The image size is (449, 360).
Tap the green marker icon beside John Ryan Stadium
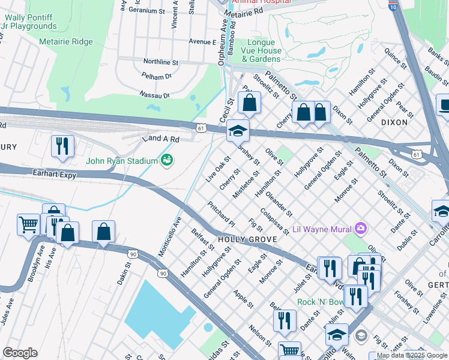click(x=166, y=160)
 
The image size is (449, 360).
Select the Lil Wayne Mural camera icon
click(x=360, y=228)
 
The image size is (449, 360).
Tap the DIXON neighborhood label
click(x=394, y=122)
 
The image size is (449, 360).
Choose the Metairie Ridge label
click(x=66, y=41)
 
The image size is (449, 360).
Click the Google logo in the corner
click(x=19, y=353)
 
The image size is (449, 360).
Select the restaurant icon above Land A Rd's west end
click(x=62, y=145)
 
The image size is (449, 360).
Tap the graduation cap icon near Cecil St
click(x=238, y=130)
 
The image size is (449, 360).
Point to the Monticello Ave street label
click(x=169, y=237)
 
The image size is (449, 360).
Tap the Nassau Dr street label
click(x=155, y=95)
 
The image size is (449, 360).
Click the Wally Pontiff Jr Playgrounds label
click(x=31, y=22)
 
